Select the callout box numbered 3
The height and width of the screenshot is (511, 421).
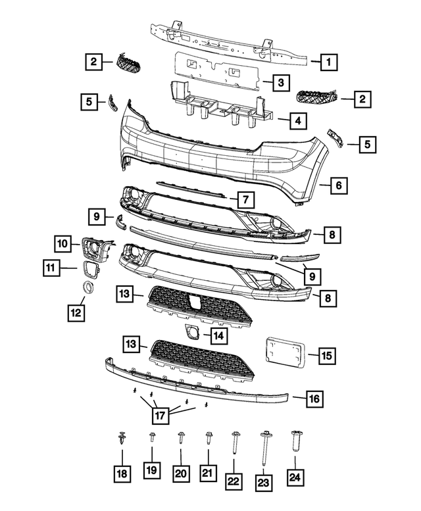280,83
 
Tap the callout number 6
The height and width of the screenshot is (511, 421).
338,186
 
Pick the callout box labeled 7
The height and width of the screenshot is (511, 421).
243,198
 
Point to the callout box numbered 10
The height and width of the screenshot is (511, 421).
62,244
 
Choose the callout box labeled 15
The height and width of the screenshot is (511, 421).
326,356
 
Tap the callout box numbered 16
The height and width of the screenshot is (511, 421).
314,398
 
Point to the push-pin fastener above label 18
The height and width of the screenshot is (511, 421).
123,439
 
